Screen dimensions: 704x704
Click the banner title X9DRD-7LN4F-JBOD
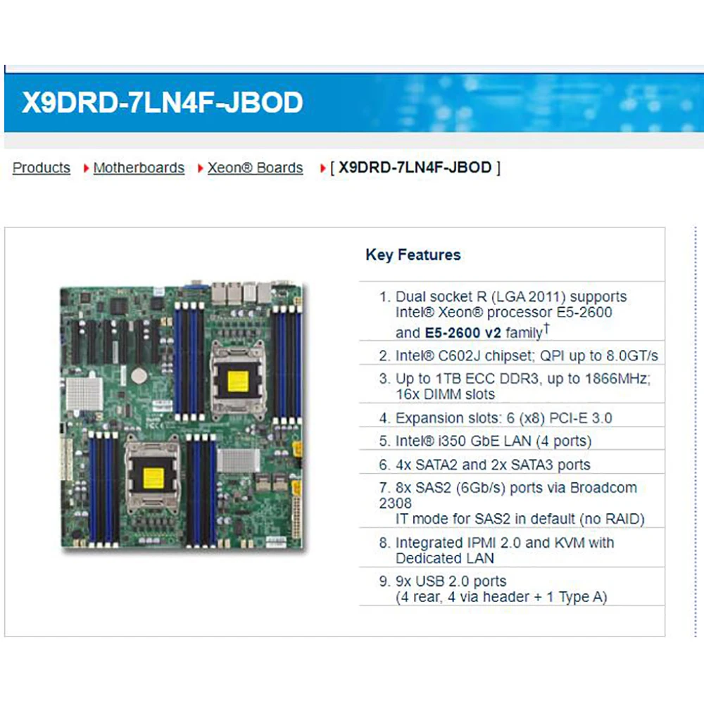pos(163,102)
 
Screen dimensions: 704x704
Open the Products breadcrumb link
pos(42,168)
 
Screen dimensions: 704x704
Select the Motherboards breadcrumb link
pos(139,168)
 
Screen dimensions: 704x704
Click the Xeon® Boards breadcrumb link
pos(255,168)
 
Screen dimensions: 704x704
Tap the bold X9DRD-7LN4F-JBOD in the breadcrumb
pos(415,168)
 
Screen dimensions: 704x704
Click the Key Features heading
pos(413,255)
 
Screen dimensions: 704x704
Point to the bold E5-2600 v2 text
pos(463,332)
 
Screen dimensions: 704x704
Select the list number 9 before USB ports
pos(384,582)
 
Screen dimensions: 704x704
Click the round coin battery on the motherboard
pos(142,373)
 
